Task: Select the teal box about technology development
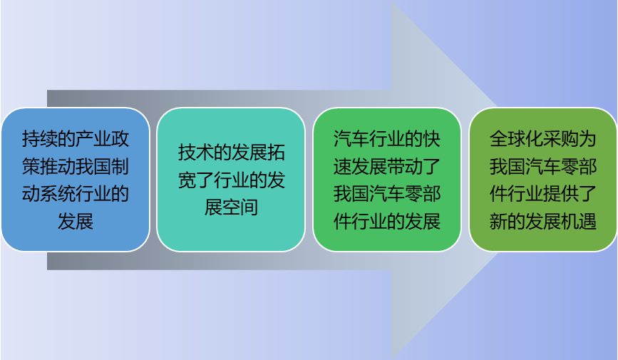(231, 179)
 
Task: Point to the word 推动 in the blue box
(66, 165)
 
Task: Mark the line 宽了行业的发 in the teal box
(231, 180)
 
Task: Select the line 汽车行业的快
(386, 138)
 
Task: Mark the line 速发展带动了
(386, 165)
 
